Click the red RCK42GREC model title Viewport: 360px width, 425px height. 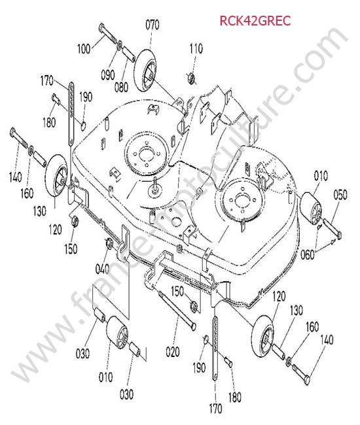click(x=255, y=21)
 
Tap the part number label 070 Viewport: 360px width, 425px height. click(x=153, y=25)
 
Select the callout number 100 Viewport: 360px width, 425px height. click(x=84, y=49)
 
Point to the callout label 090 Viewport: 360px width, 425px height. click(x=108, y=75)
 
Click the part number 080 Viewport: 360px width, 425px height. click(x=121, y=87)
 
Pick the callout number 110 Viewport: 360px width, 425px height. click(x=196, y=49)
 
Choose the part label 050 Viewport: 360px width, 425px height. click(x=340, y=195)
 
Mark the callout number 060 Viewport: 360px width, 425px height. click(x=308, y=254)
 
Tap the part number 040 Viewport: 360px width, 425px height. click(x=102, y=269)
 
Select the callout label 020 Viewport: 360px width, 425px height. click(x=173, y=352)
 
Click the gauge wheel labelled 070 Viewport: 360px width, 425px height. click(x=145, y=71)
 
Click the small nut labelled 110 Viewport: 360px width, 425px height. click(x=191, y=78)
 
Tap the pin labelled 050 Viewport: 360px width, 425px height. click(x=332, y=229)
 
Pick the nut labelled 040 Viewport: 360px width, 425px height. click(x=109, y=243)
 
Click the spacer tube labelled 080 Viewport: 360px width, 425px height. click(x=128, y=54)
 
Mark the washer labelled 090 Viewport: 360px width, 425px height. click(x=119, y=45)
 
